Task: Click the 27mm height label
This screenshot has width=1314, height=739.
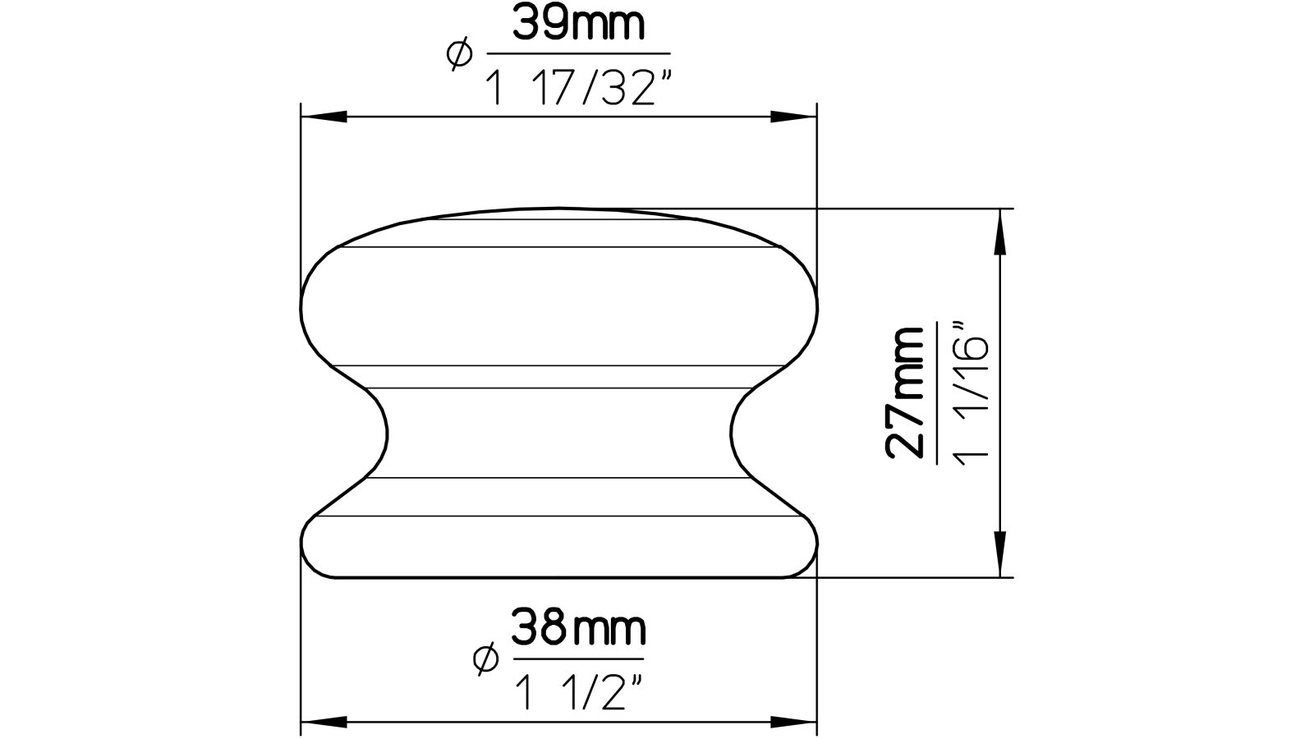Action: [905, 392]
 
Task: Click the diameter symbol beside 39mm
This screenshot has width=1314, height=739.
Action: [459, 54]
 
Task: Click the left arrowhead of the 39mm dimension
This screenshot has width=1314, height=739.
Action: [322, 118]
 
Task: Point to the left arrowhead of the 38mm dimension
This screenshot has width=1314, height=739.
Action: [322, 723]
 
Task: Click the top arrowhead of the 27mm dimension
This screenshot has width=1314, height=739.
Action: [999, 231]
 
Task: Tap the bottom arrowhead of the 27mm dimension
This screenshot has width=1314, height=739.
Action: [999, 554]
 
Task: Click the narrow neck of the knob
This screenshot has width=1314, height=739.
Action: [558, 431]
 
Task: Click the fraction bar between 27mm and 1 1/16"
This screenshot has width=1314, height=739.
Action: [936, 392]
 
